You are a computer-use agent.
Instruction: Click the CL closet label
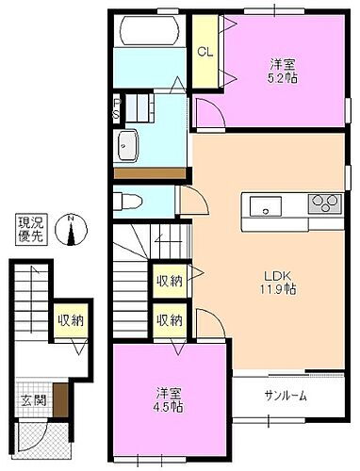point(203,53)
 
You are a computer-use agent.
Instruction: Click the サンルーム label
point(285,396)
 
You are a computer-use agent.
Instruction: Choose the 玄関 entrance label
point(34,399)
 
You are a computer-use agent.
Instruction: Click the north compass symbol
point(73,228)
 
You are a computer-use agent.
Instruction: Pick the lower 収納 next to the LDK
point(170,320)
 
